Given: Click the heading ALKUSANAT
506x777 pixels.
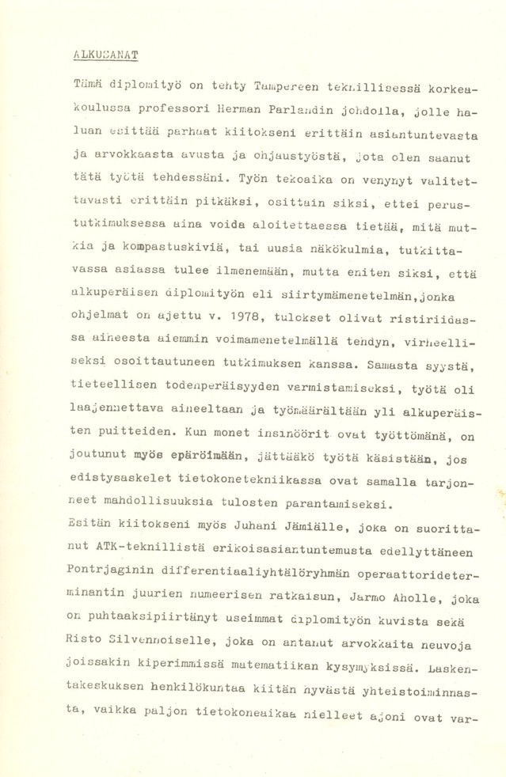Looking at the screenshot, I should pyautogui.click(x=105, y=55).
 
